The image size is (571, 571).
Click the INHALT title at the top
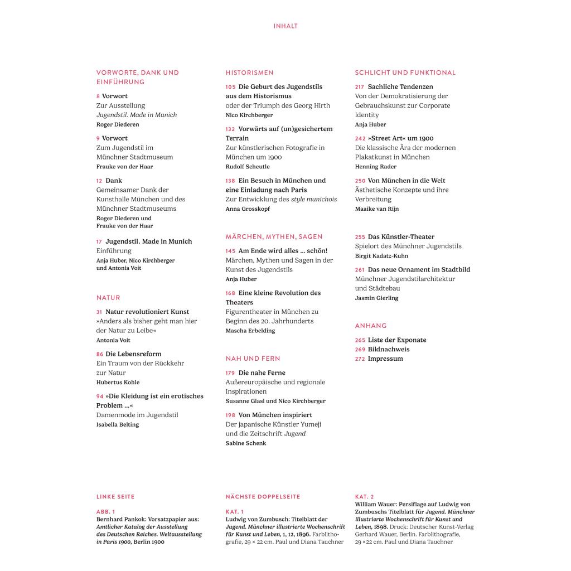(x=285, y=26)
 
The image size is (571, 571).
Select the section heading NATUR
(x=108, y=298)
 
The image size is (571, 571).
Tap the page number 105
(x=231, y=87)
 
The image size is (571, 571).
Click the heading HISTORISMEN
(x=249, y=72)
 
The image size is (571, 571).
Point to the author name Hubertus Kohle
(x=118, y=383)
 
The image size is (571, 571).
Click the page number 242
(x=360, y=138)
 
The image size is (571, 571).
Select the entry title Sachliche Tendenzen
(x=400, y=87)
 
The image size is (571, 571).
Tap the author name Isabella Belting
(x=118, y=425)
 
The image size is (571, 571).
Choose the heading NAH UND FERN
(x=253, y=359)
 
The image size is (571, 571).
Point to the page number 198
(x=231, y=415)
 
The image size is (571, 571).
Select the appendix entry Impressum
(x=385, y=359)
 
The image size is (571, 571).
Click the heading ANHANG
(x=370, y=326)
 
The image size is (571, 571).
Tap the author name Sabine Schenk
(x=246, y=443)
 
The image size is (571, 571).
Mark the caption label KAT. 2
(x=365, y=497)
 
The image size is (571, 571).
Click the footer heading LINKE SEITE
(x=115, y=497)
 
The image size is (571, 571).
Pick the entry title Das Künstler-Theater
(x=401, y=237)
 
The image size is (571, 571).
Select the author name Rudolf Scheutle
(x=248, y=167)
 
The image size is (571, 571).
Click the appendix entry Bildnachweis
(x=388, y=350)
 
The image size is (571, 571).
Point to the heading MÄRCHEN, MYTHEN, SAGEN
(x=274, y=237)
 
